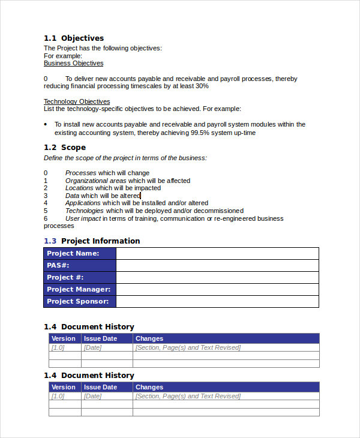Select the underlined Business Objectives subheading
click(73, 63)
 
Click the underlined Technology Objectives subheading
click(77, 101)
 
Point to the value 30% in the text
click(202, 86)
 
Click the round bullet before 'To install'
click(46, 124)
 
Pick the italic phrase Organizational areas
click(95, 181)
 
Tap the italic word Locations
click(79, 188)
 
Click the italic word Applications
click(83, 203)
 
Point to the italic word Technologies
click(84, 211)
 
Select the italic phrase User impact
click(82, 218)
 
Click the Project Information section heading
click(100, 241)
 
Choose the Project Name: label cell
click(79, 253)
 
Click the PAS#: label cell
click(79, 265)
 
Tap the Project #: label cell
click(79, 277)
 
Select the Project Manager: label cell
click(79, 289)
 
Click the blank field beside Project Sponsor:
click(217, 301)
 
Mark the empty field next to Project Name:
click(217, 253)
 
